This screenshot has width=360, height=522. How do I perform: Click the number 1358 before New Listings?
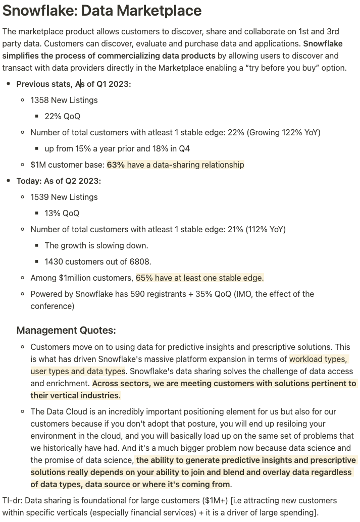pos(39,100)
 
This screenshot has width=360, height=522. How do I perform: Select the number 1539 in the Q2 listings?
pos(39,197)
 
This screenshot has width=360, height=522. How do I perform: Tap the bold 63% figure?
pos(116,165)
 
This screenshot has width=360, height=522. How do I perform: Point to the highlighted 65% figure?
pos(145,278)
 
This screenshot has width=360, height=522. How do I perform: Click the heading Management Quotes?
pos(66,330)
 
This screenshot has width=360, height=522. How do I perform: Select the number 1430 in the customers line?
pos(54,262)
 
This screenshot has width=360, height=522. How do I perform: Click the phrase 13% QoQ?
pos(62,213)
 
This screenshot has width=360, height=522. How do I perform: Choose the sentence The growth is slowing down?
pos(96,245)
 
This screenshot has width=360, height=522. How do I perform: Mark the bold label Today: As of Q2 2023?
pos(59,181)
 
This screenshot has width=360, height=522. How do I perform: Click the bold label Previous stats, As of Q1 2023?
pos(74,84)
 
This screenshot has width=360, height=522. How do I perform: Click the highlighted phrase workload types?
pos(318,359)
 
